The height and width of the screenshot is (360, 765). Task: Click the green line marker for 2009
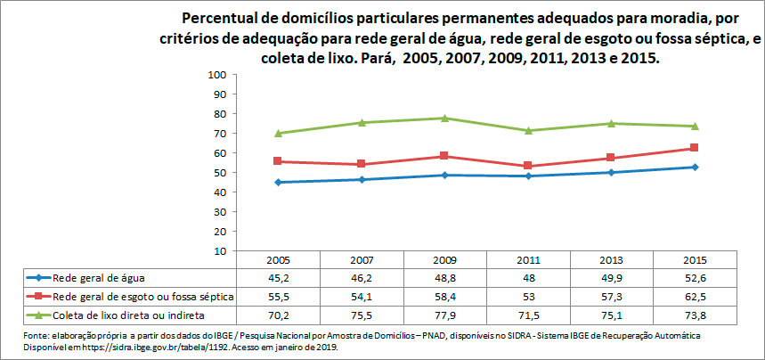pyautogui.click(x=444, y=118)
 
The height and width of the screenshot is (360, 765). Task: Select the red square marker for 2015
pyautogui.click(x=695, y=148)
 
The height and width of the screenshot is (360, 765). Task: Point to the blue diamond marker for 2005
pyautogui.click(x=278, y=182)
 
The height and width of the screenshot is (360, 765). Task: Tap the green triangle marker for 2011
pyautogui.click(x=528, y=130)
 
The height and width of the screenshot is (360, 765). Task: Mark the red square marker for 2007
pyautogui.click(x=362, y=164)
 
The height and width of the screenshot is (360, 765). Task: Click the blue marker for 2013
pyautogui.click(x=611, y=172)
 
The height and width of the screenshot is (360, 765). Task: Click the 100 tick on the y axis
pyautogui.click(x=218, y=75)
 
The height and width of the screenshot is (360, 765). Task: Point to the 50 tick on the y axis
pyautogui.click(x=218, y=173)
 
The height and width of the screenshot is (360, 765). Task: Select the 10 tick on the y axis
pyautogui.click(x=218, y=251)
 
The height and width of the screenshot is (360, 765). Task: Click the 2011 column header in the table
pyautogui.click(x=528, y=260)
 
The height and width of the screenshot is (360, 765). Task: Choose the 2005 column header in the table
pyautogui.click(x=278, y=260)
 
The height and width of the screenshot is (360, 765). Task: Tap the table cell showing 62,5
pyautogui.click(x=695, y=295)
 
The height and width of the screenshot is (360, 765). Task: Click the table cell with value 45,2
pyautogui.click(x=278, y=277)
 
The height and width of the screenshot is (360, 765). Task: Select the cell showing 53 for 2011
pyautogui.click(x=528, y=295)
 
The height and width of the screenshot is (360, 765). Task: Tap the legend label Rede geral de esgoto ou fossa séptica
pyautogui.click(x=142, y=295)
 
